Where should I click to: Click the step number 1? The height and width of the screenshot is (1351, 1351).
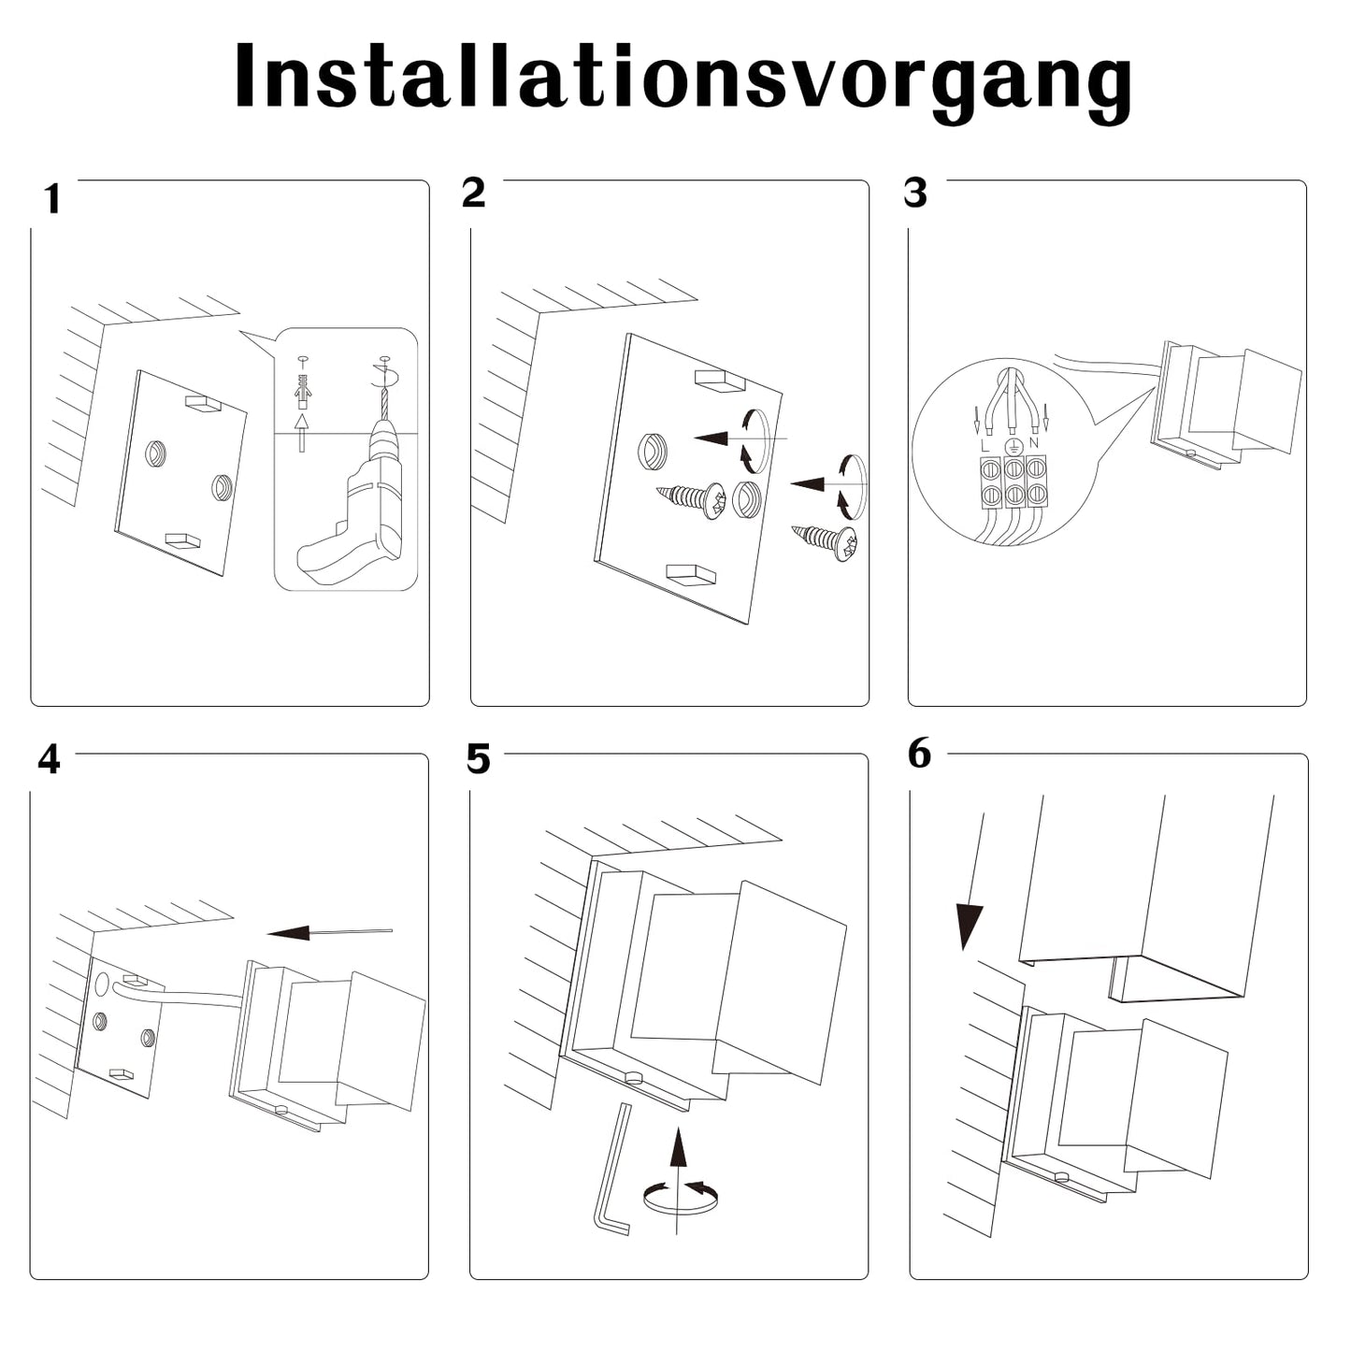(52, 199)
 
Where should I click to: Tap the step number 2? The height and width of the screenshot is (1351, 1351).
(474, 193)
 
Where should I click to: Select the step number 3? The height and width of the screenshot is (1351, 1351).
(916, 193)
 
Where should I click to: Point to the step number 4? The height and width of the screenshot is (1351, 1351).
(49, 759)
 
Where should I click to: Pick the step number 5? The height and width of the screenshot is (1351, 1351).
(478, 760)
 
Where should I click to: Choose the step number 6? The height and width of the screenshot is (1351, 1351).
(920, 754)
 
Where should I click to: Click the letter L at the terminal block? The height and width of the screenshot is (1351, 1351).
(985, 445)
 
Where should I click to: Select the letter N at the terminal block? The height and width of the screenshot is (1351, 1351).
(1033, 442)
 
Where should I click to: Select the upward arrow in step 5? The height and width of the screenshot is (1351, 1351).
(678, 1159)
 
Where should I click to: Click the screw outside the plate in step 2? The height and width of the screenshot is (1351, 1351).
(827, 541)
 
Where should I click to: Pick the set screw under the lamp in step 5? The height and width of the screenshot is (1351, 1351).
(634, 1077)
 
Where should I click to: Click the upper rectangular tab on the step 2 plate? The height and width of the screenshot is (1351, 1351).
(718, 379)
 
